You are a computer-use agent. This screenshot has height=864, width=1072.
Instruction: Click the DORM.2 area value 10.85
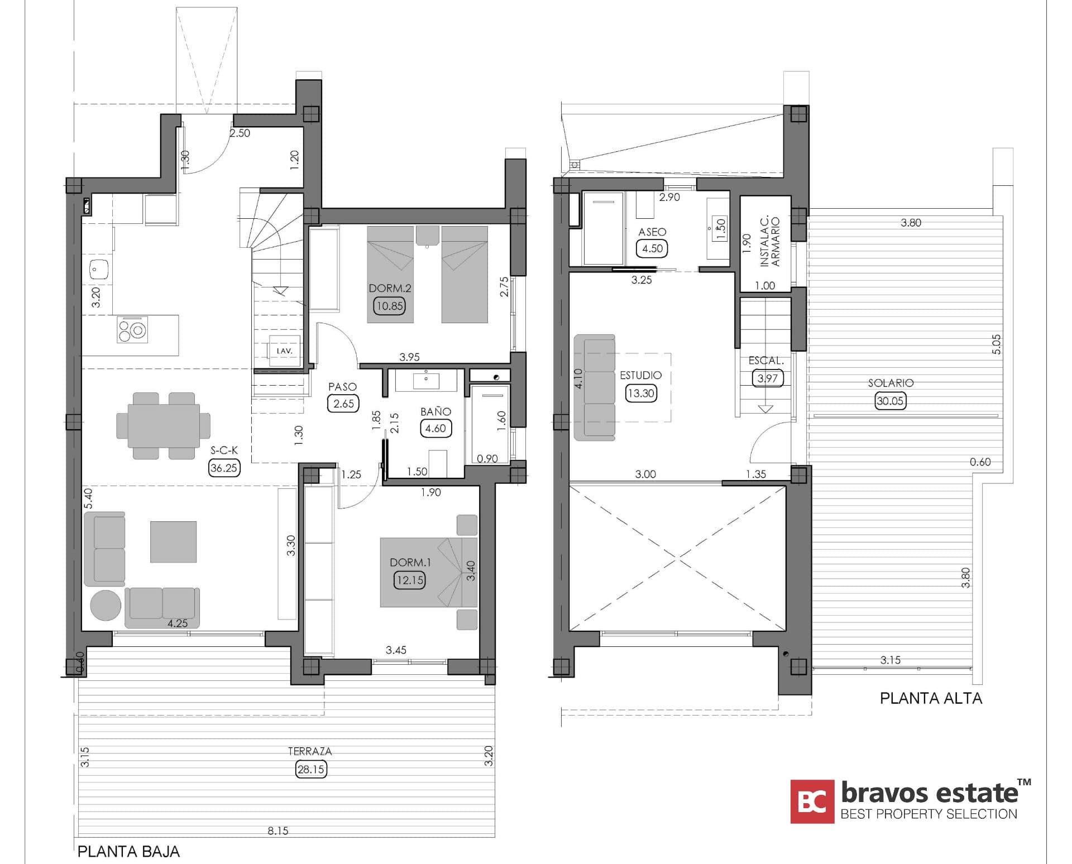pos(389,306)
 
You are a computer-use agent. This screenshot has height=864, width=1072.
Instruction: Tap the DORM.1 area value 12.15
pos(409,580)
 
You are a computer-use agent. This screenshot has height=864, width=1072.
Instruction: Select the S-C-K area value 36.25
pos(224,468)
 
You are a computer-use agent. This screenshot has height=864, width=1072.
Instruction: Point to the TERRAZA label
pos(310,751)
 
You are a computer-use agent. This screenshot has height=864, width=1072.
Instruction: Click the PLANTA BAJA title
pos(128,852)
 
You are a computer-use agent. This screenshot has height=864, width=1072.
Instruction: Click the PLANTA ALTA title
pos(931,698)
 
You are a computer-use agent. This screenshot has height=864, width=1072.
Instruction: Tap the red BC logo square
pos(812,801)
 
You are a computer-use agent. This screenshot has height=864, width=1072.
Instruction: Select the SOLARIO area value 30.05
pos(889,401)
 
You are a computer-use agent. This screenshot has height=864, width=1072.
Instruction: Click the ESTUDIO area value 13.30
pos(640,393)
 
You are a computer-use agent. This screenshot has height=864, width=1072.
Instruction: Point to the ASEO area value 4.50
pos(652,248)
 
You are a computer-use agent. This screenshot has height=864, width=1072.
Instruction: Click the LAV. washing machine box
pos(285,351)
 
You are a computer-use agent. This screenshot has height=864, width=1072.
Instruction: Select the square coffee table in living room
pos(173,541)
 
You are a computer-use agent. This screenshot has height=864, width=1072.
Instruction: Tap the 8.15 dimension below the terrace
pos(277,831)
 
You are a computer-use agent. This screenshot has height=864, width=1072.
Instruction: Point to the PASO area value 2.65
pos(343,404)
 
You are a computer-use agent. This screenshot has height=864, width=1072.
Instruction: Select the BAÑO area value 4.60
pos(435,428)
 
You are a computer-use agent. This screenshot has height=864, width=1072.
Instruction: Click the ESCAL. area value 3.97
pos(767,378)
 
